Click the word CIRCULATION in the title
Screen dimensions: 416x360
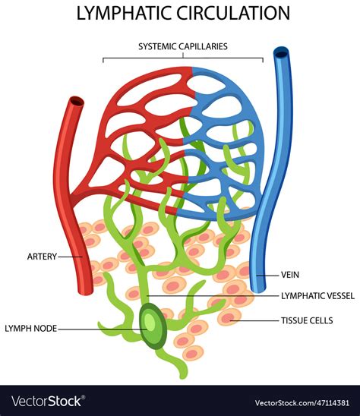[231, 13]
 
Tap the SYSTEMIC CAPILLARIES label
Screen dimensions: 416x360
[182, 46]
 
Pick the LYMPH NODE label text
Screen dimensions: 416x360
[30, 329]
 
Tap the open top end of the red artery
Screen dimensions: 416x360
[76, 101]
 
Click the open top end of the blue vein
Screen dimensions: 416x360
[282, 53]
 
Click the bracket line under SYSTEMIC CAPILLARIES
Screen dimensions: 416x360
[182, 57]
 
